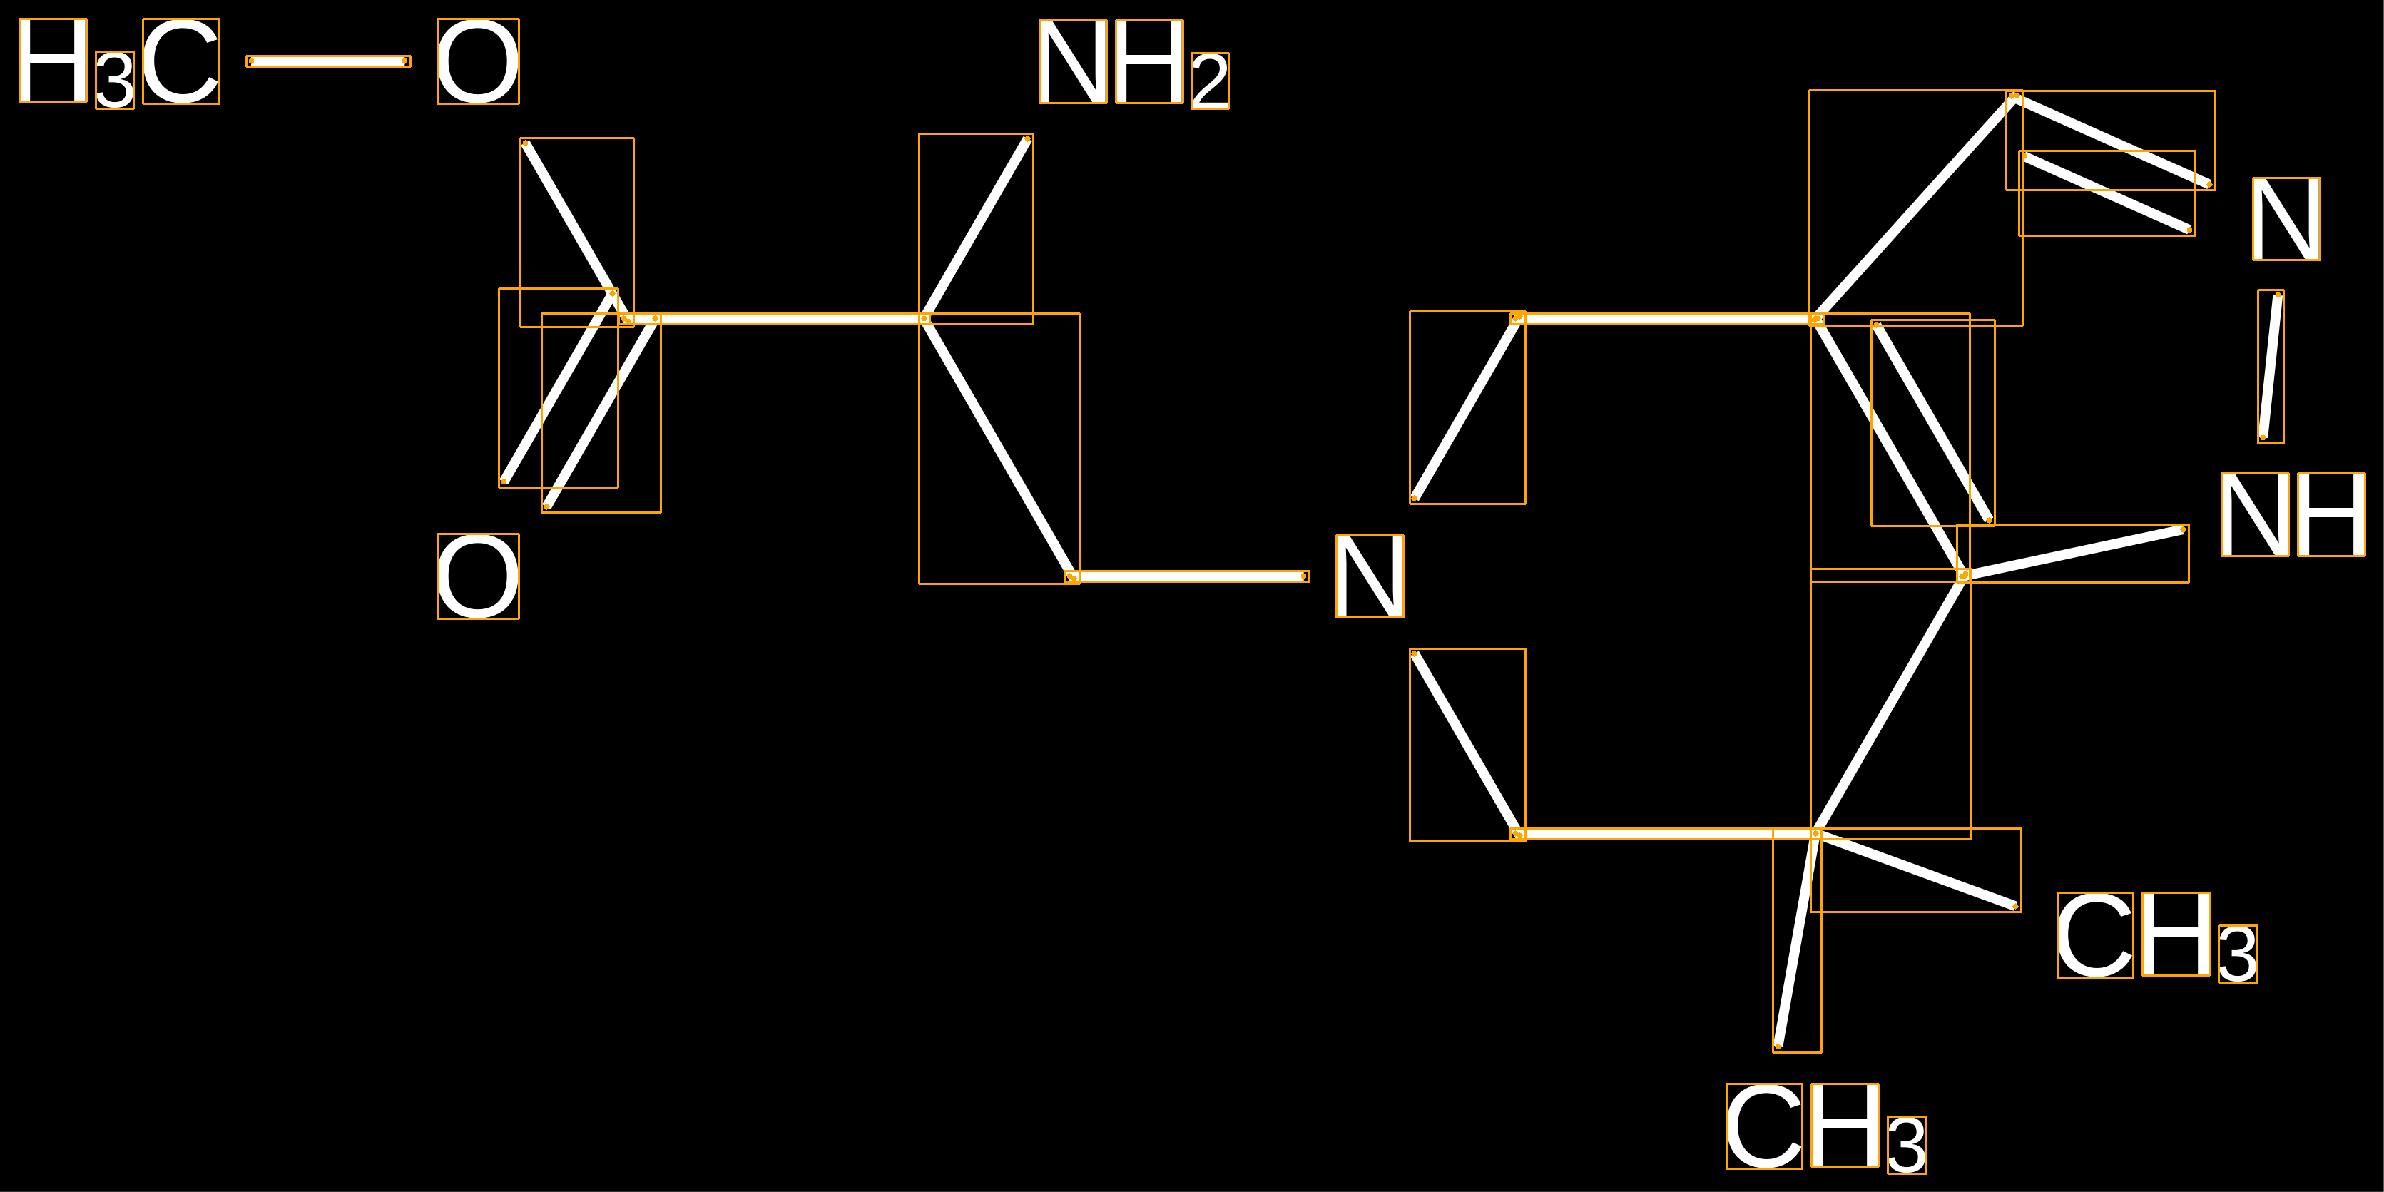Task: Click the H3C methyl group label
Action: point(118,62)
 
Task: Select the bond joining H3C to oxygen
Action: point(329,61)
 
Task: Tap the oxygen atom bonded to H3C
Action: point(477,61)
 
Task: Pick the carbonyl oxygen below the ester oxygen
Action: point(477,576)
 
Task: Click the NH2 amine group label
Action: point(1133,62)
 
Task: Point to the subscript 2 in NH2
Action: point(1210,81)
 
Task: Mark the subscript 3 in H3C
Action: point(115,81)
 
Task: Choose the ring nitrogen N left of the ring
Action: point(1370,576)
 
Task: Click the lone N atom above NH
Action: point(2286,218)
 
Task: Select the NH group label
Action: point(2293,514)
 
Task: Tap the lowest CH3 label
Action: point(1825,1127)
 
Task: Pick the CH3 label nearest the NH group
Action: point(2156,936)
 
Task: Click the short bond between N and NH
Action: point(2270,367)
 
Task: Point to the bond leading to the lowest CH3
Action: point(1796,940)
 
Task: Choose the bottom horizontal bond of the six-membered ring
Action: point(1666,834)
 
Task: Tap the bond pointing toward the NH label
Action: point(2073,553)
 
